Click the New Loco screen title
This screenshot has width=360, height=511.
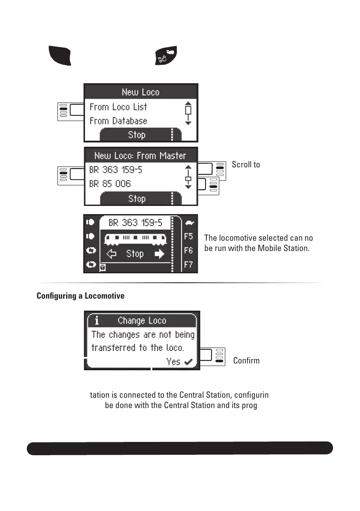pyautogui.click(x=140, y=92)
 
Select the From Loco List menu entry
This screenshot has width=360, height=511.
pyautogui.click(x=118, y=107)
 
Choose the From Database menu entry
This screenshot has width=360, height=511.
pyautogui.click(x=118, y=121)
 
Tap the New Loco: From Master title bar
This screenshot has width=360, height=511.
pyautogui.click(x=140, y=156)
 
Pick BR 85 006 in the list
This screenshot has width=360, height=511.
pyautogui.click(x=110, y=184)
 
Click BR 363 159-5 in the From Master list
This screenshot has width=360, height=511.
pyautogui.click(x=116, y=170)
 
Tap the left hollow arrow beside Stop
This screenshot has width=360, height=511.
pyautogui.click(x=112, y=254)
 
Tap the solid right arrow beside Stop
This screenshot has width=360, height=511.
pyautogui.click(x=159, y=254)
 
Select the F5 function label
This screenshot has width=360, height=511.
pyautogui.click(x=188, y=236)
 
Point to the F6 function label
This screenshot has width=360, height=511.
pyautogui.click(x=188, y=251)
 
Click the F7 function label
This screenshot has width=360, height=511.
pyautogui.click(x=188, y=265)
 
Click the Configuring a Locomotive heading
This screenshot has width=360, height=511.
pyautogui.click(x=81, y=296)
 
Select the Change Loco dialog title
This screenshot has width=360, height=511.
pyautogui.click(x=142, y=321)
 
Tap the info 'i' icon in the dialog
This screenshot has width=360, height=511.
pyautogui.click(x=97, y=321)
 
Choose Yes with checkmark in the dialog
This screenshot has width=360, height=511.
pyautogui.click(x=179, y=362)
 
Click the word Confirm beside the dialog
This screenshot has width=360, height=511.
pyautogui.click(x=246, y=360)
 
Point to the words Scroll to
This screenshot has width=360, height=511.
pyautogui.click(x=246, y=164)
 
